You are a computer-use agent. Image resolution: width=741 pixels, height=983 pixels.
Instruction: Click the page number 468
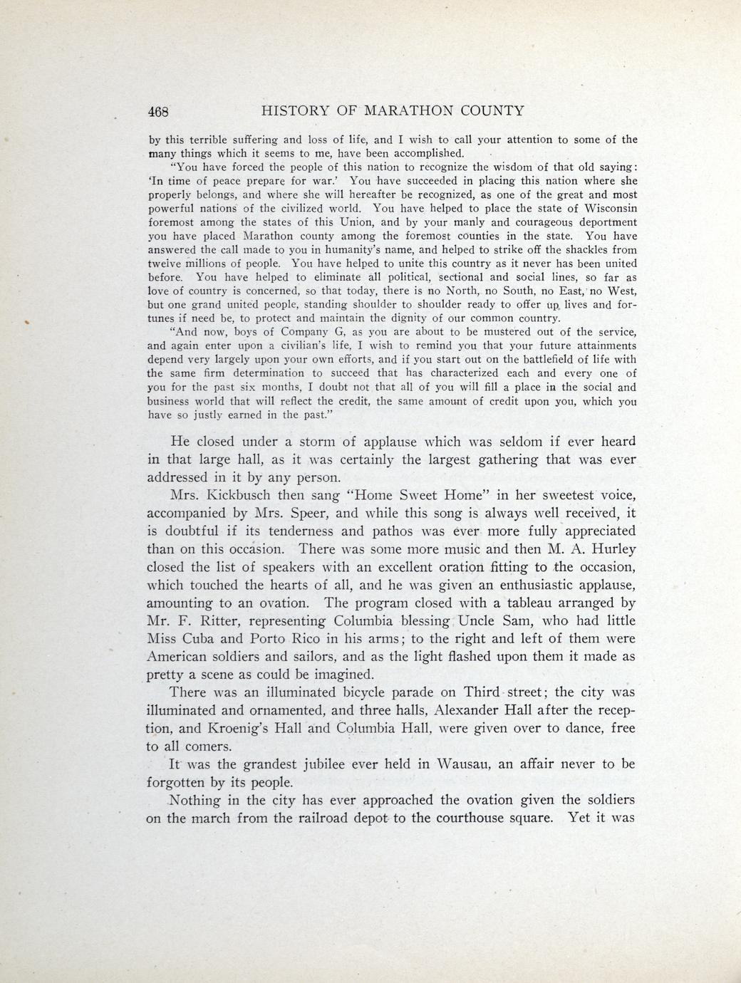coord(157,112)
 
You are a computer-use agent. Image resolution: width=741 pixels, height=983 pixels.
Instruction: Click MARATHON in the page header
coord(410,111)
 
